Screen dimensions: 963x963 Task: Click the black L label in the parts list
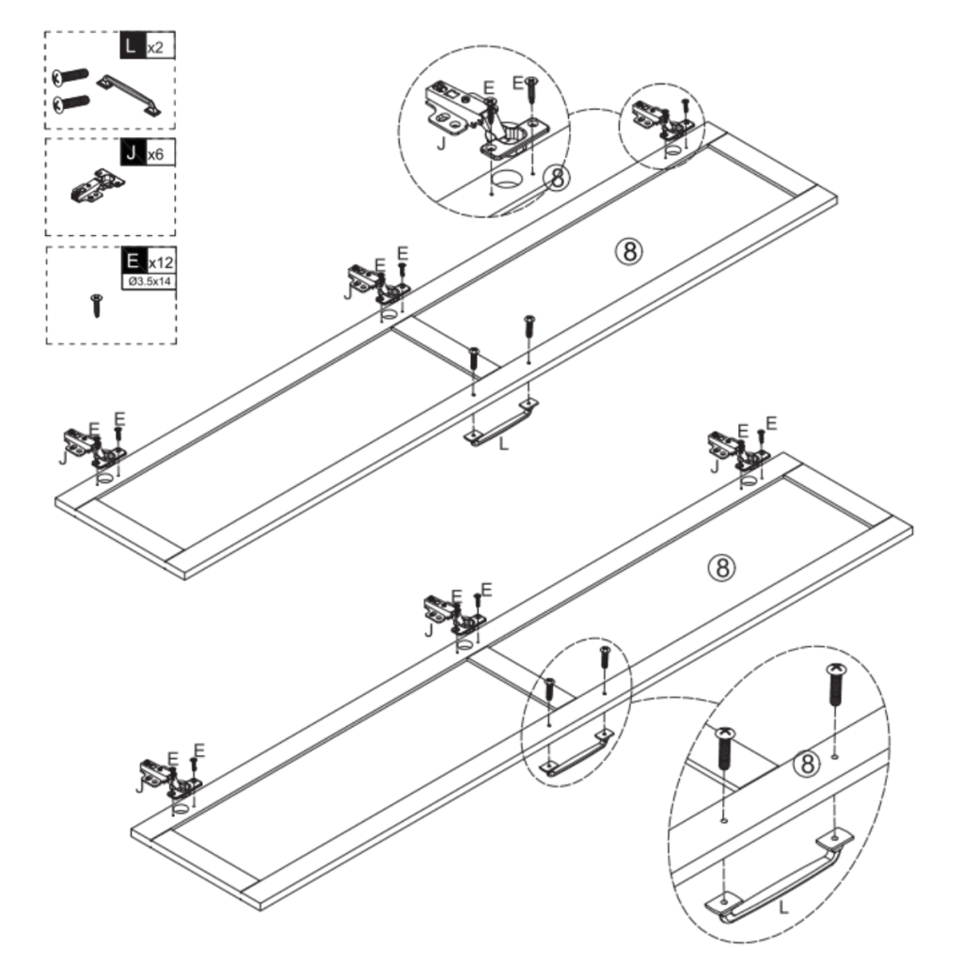pos(133,45)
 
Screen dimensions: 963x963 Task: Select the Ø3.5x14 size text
pos(148,281)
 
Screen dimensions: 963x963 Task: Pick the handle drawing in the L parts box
pos(132,95)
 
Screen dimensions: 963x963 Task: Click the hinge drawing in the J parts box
pos(96,186)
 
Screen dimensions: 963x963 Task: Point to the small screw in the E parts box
pos(96,304)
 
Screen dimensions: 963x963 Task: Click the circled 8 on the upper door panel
pos(629,250)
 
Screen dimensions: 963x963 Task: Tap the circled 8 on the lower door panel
pos(720,566)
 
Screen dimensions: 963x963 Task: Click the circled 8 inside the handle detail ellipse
pos(806,764)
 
